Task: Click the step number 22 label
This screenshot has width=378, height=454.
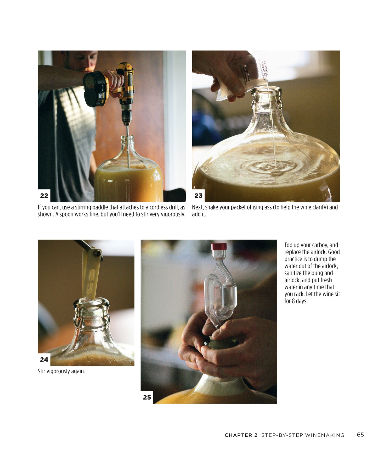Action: click(44, 196)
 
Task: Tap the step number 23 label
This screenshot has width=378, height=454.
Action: click(199, 196)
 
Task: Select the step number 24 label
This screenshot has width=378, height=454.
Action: click(44, 359)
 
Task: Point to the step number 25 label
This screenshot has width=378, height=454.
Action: click(147, 397)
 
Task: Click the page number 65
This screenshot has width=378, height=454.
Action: click(360, 435)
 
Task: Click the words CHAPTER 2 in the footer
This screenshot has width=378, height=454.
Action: click(241, 435)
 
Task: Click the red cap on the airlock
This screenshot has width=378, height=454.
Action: click(219, 246)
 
